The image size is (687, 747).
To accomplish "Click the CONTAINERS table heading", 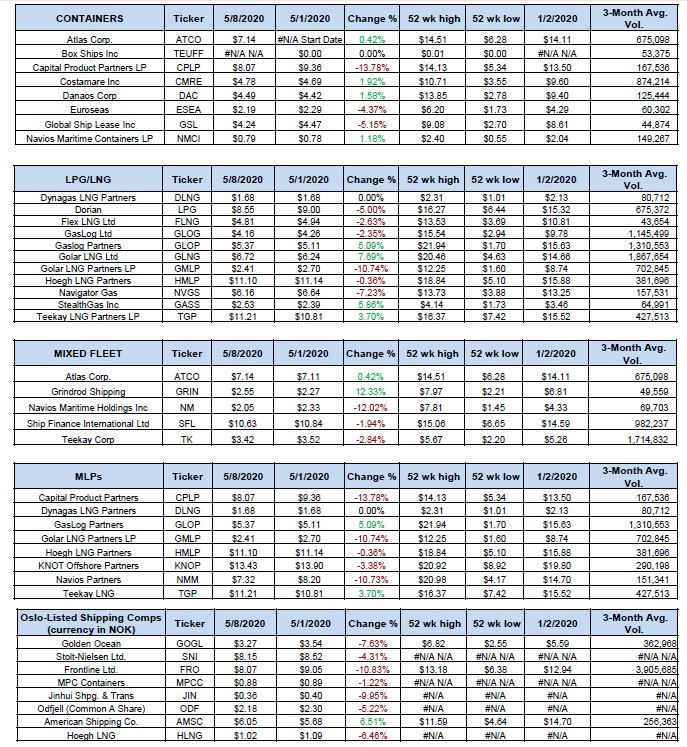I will (x=91, y=18).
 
